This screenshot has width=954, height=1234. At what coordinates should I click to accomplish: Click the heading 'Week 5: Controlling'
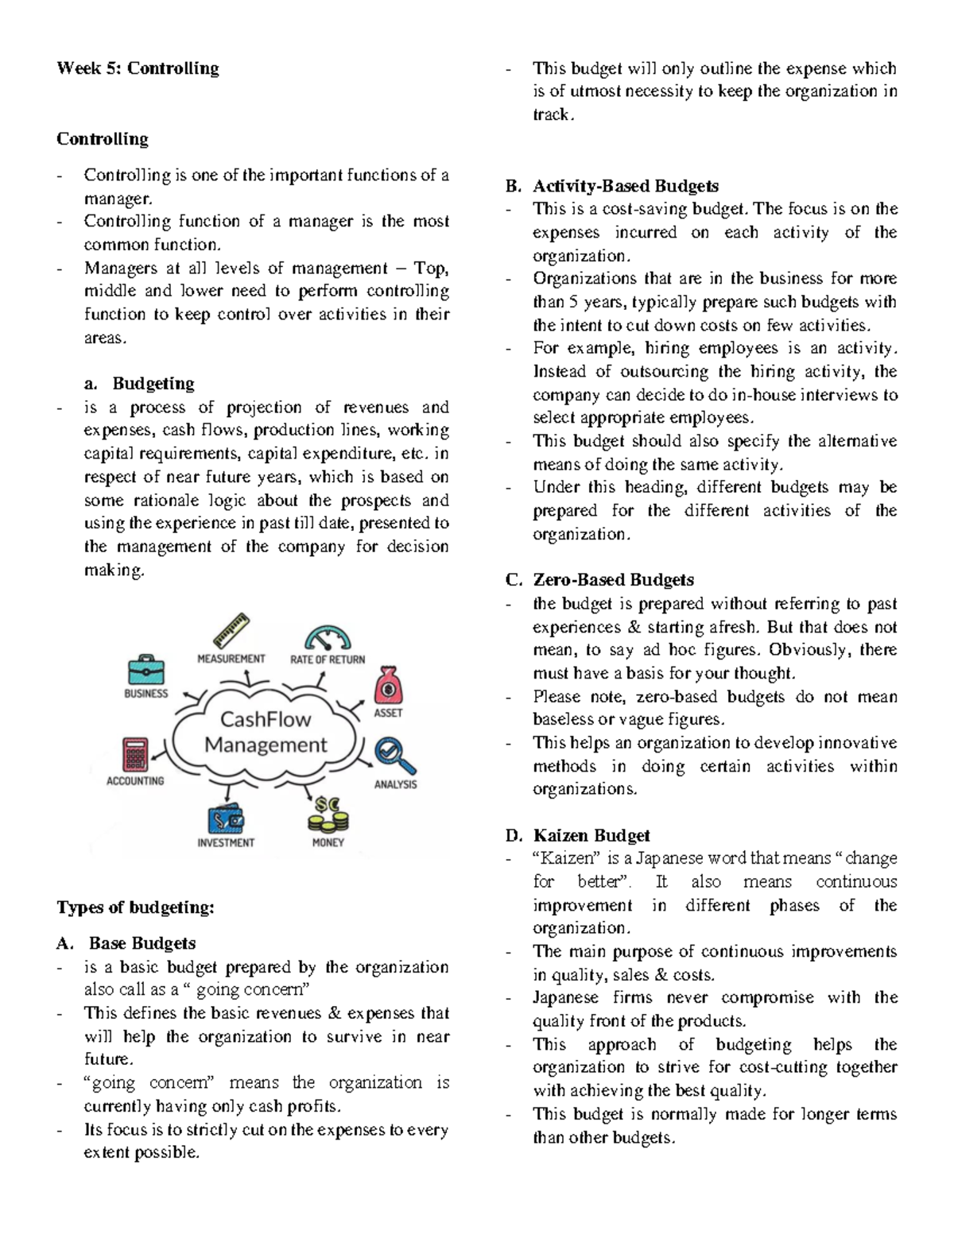tap(138, 68)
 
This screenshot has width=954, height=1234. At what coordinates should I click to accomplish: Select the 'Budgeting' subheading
tap(153, 384)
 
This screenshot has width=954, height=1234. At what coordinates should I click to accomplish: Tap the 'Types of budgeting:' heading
tap(135, 907)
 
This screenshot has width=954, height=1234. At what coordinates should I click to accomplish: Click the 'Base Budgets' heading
tap(142, 943)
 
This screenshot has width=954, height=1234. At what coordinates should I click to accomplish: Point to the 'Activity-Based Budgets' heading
tap(625, 186)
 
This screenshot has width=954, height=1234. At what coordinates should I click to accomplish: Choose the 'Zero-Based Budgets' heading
tap(613, 580)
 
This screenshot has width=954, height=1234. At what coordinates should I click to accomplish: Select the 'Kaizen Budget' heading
tap(591, 835)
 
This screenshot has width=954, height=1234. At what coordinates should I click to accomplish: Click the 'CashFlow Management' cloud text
tap(266, 732)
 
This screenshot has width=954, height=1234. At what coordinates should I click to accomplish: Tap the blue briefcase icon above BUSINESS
tap(146, 669)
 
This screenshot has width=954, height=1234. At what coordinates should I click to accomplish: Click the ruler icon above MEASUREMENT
tap(231, 631)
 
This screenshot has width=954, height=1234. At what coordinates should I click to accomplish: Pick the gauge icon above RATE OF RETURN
tap(328, 638)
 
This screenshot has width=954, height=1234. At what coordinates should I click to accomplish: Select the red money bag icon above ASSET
tap(388, 685)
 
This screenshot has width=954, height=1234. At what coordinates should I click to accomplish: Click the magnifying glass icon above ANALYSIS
tap(395, 756)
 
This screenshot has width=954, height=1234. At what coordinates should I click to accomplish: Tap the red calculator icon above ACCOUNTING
tap(135, 754)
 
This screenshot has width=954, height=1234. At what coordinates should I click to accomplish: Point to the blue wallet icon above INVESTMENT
tap(226, 818)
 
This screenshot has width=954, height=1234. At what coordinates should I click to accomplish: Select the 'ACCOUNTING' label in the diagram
tap(135, 781)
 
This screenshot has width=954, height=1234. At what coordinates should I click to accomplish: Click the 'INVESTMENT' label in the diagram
tap(226, 842)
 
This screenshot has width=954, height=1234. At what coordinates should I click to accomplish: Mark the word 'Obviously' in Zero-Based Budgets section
tap(809, 650)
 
